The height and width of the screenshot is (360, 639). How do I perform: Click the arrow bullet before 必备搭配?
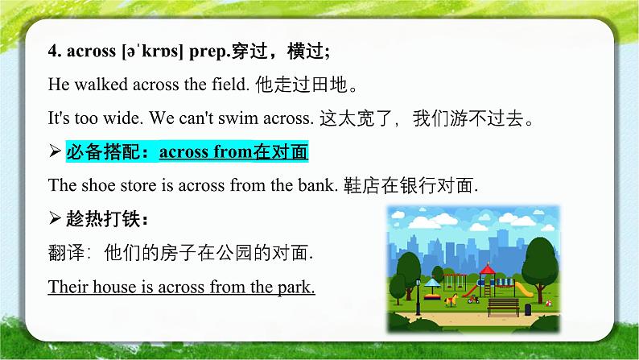click(55, 152)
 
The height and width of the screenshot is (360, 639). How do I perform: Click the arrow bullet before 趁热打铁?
click(55, 219)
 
